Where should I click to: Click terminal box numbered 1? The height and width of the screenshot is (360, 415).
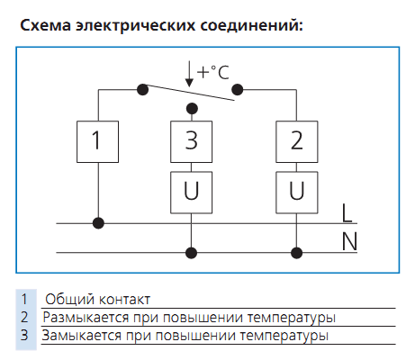coord(97,141)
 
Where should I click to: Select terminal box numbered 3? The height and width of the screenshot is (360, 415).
coord(192,141)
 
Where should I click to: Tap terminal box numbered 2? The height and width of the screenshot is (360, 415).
coord(297,141)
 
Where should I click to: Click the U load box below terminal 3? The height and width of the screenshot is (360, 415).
coord(192,193)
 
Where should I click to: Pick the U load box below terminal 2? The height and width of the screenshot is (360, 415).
coord(297,193)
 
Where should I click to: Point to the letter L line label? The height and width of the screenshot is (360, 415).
coord(347,213)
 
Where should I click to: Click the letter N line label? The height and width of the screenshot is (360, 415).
coord(349,241)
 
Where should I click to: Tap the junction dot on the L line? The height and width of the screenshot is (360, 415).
coord(98,223)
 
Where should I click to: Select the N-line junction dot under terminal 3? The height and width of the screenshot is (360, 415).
coord(192,253)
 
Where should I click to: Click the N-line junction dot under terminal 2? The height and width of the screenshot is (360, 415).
coord(297,253)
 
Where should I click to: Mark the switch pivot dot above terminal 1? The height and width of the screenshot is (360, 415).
coord(142,89)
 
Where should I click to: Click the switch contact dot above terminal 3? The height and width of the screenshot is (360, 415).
coord(192,108)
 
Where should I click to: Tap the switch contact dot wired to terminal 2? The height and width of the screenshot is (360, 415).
coord(238,89)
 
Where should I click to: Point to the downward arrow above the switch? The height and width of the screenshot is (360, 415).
coord(189,74)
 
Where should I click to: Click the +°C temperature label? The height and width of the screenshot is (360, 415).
coord(213,72)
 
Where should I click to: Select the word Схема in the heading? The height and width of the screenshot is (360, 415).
coord(46,25)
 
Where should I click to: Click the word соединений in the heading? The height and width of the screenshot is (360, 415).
coord(251,24)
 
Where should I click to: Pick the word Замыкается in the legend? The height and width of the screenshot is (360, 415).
coord(82,336)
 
